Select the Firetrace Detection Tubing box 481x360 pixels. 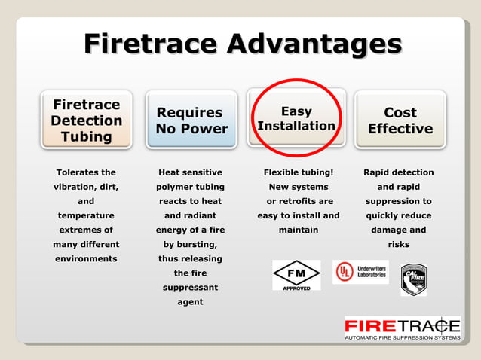coord(86,121)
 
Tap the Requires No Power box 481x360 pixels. coord(190,121)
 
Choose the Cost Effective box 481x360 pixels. coord(400,121)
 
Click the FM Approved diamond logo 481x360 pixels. coord(296,275)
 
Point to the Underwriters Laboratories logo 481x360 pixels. coord(360,272)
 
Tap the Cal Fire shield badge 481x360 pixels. coord(413,279)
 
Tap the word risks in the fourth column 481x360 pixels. coord(398,245)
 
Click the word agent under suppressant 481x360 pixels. coord(190,302)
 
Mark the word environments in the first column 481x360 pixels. coord(86,258)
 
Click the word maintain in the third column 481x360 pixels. coord(298,230)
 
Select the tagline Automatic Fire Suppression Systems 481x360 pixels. coord(402,337)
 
